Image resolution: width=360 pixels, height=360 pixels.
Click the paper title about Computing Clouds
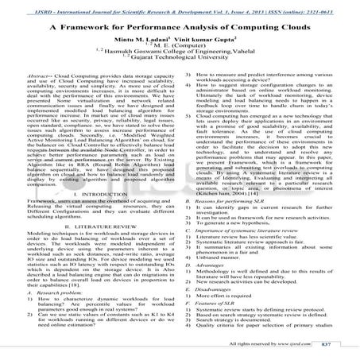coord(180,25)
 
